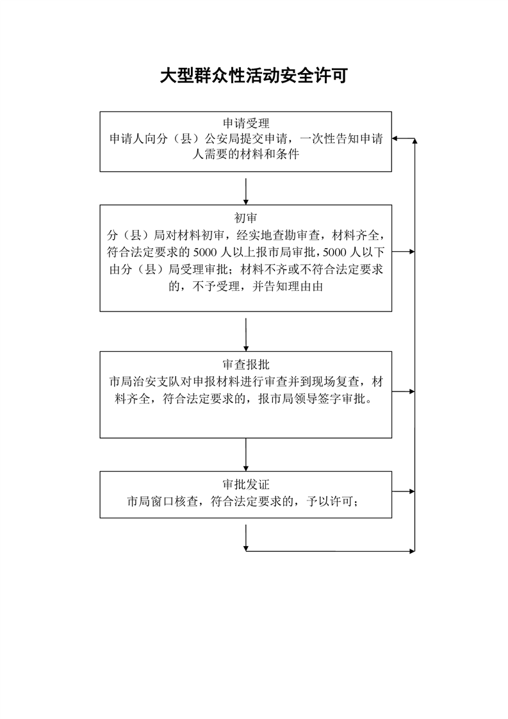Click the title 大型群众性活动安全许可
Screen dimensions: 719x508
tap(254, 76)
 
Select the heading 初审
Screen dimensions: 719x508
tap(246, 217)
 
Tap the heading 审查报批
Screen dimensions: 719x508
tap(246, 365)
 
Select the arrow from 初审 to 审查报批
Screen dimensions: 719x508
tap(246, 332)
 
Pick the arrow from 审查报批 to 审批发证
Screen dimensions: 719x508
tap(246, 454)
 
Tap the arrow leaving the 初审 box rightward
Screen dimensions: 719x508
tap(404, 251)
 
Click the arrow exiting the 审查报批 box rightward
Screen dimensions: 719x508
tap(404, 391)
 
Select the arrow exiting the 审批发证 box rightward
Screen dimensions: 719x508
tap(404, 492)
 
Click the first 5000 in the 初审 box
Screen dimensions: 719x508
tap(214, 251)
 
